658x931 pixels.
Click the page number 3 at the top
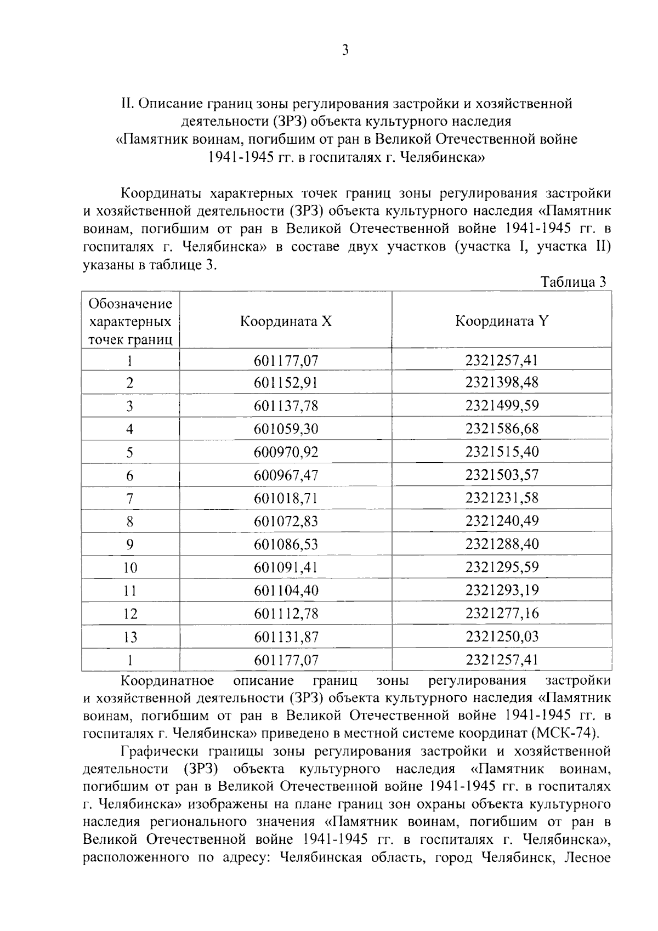click(345, 50)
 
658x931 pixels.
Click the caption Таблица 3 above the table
click(573, 282)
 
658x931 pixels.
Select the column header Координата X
click(286, 321)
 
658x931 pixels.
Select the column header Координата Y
click(502, 321)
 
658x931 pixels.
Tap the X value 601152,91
click(286, 383)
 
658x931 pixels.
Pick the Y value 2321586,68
click(502, 429)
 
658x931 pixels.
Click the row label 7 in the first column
click(130, 498)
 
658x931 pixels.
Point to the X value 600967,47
click(286, 475)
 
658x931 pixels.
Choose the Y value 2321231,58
click(502, 498)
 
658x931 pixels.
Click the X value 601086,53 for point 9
click(286, 544)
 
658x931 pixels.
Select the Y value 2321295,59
click(502, 567)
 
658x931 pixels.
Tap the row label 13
click(130, 637)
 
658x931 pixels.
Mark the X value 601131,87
click(286, 637)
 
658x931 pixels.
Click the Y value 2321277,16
click(502, 613)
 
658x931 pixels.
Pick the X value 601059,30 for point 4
click(286, 429)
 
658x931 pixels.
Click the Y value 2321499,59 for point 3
click(502, 406)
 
